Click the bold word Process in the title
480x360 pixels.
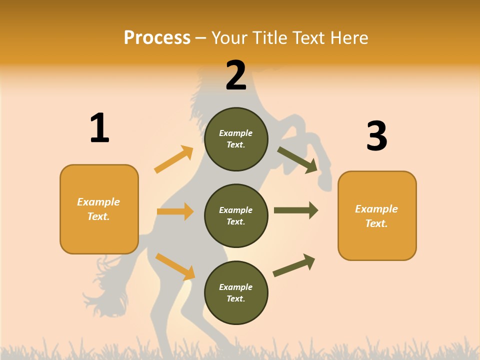coord(157,38)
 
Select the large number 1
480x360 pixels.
coord(99,128)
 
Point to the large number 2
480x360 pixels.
coord(236,75)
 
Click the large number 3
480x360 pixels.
coord(376,136)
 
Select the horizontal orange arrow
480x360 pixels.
coord(175,211)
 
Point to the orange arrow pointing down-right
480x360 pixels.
coord(175,266)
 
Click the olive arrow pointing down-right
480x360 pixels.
coord(298,160)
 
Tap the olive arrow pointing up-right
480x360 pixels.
coord(294,265)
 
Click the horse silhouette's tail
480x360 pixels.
coord(107,290)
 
